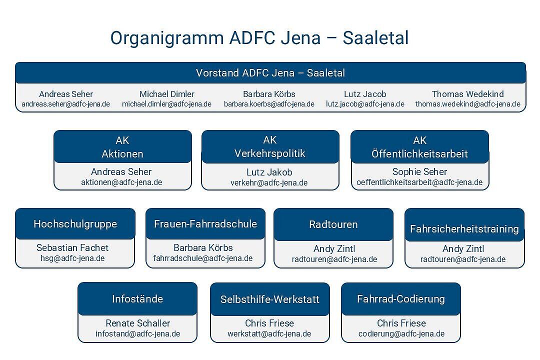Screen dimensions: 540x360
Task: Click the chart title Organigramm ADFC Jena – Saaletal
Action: click(259, 38)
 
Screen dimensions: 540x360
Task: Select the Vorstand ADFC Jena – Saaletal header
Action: click(270, 73)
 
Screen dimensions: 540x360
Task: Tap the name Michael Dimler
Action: click(166, 94)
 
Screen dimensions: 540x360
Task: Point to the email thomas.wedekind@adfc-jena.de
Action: click(467, 104)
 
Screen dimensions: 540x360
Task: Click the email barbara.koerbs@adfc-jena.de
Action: click(269, 104)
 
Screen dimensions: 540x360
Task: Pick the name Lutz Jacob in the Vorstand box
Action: click(365, 94)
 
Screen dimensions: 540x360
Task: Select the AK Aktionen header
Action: click(122, 147)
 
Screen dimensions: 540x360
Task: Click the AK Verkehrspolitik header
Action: click(270, 147)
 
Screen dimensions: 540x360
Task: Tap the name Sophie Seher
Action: click(419, 171)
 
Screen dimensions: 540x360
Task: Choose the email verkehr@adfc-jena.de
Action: click(269, 183)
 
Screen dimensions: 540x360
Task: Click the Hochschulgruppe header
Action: click(75, 224)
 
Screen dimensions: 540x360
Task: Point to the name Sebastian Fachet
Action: click(72, 247)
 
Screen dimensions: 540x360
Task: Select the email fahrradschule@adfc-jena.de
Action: click(203, 258)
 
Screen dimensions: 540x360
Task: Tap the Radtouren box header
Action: click(333, 224)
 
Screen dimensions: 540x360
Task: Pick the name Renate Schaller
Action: click(138, 323)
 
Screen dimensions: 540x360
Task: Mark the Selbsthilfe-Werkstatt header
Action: click(270, 299)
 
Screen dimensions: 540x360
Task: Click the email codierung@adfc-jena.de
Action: click(401, 334)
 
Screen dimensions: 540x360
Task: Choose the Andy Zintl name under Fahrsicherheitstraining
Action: click(463, 248)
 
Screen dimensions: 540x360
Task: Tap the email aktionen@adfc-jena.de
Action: click(121, 182)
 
